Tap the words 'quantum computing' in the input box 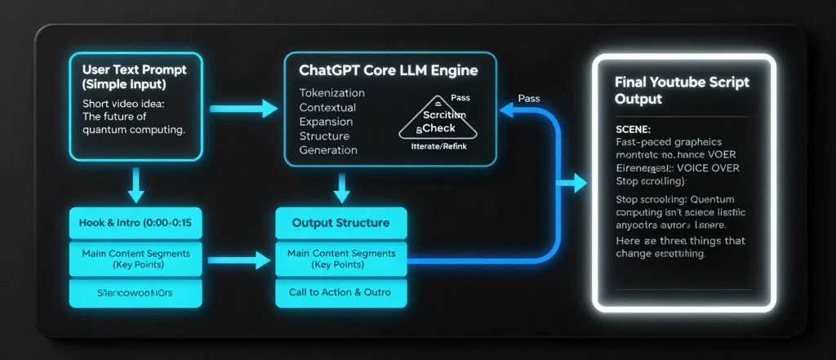click(134, 129)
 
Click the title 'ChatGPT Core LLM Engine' click(389, 71)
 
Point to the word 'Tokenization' click(332, 93)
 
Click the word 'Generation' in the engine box click(328, 150)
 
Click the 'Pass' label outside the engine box click(529, 98)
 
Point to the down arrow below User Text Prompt click(136, 187)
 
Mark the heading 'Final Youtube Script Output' click(681, 90)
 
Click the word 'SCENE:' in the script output click(634, 130)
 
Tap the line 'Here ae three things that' click(682, 241)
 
